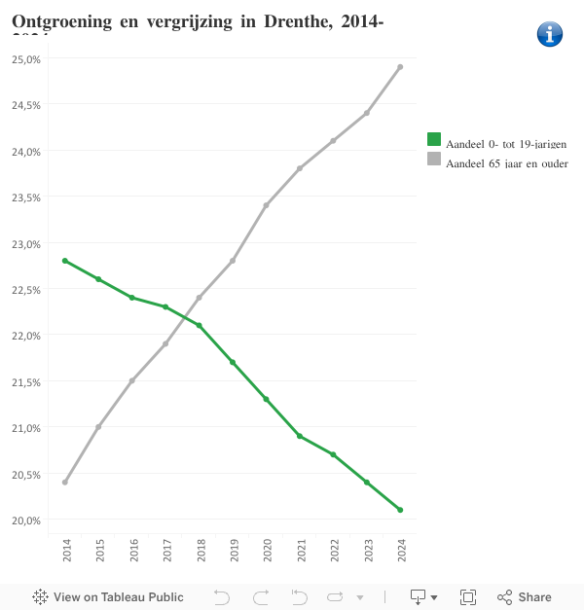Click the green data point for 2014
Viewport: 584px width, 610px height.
[65, 261]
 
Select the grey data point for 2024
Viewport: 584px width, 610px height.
[400, 67]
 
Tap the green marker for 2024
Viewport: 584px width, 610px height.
[400, 510]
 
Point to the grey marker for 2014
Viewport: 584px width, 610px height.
[65, 483]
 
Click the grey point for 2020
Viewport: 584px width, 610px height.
[266, 205]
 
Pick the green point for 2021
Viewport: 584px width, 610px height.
[300, 436]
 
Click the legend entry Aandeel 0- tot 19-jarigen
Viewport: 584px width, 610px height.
[497, 143]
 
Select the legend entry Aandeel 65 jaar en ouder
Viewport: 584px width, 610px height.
[497, 162]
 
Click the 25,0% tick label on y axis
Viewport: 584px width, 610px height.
[26, 59]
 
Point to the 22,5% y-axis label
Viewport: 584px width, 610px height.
[26, 290]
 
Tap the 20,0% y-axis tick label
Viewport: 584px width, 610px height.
[26, 520]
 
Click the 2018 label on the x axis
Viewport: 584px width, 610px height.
[200, 552]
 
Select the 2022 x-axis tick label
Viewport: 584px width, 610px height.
[334, 552]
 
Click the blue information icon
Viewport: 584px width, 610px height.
[550, 34]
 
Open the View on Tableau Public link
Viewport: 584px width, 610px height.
[108, 597]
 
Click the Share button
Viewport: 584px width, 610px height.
[525, 597]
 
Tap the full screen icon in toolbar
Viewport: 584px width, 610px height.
[467, 597]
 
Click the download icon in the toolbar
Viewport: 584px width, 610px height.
[420, 597]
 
